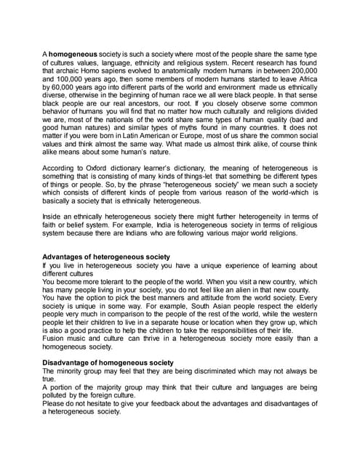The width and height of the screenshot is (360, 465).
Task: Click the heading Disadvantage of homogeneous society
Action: click(108, 361)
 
